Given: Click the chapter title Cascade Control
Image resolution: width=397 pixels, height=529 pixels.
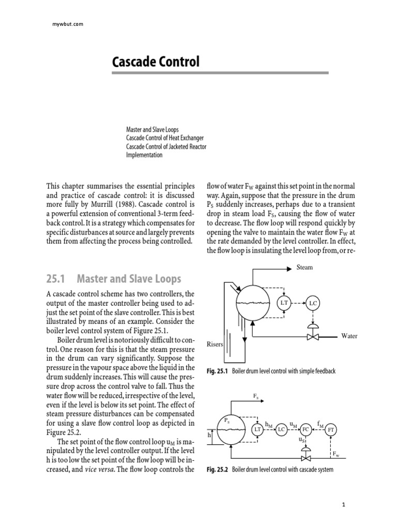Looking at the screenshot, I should [156, 63].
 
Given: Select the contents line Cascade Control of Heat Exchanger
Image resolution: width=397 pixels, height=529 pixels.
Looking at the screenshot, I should [164, 138].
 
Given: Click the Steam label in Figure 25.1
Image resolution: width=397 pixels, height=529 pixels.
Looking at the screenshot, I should [304, 268].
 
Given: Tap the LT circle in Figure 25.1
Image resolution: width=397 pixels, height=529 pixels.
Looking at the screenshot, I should [283, 303].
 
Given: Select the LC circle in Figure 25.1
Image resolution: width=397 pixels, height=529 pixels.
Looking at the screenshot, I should [313, 304].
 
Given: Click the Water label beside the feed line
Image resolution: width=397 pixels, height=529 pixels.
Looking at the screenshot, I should [349, 336].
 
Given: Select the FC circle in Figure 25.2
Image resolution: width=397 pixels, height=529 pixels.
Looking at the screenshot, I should [306, 429].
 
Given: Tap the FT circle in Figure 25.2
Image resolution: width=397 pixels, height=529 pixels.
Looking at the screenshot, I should [331, 430].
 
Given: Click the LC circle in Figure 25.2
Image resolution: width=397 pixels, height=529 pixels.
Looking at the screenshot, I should [281, 429].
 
